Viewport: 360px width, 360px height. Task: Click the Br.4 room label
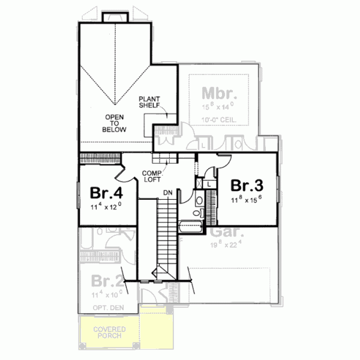tap(107, 193)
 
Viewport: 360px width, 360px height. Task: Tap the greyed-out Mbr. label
tap(220, 94)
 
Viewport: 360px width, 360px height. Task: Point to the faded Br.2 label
tap(107, 281)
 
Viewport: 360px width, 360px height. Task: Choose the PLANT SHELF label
tap(149, 101)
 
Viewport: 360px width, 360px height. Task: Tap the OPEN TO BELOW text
tap(115, 123)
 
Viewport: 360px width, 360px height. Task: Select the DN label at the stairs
tap(169, 193)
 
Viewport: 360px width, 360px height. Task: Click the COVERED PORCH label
tap(107, 332)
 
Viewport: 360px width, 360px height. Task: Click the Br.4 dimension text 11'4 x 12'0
tap(106, 206)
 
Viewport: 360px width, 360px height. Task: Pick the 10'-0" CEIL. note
tap(220, 119)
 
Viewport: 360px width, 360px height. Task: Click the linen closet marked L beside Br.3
tap(208, 184)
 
